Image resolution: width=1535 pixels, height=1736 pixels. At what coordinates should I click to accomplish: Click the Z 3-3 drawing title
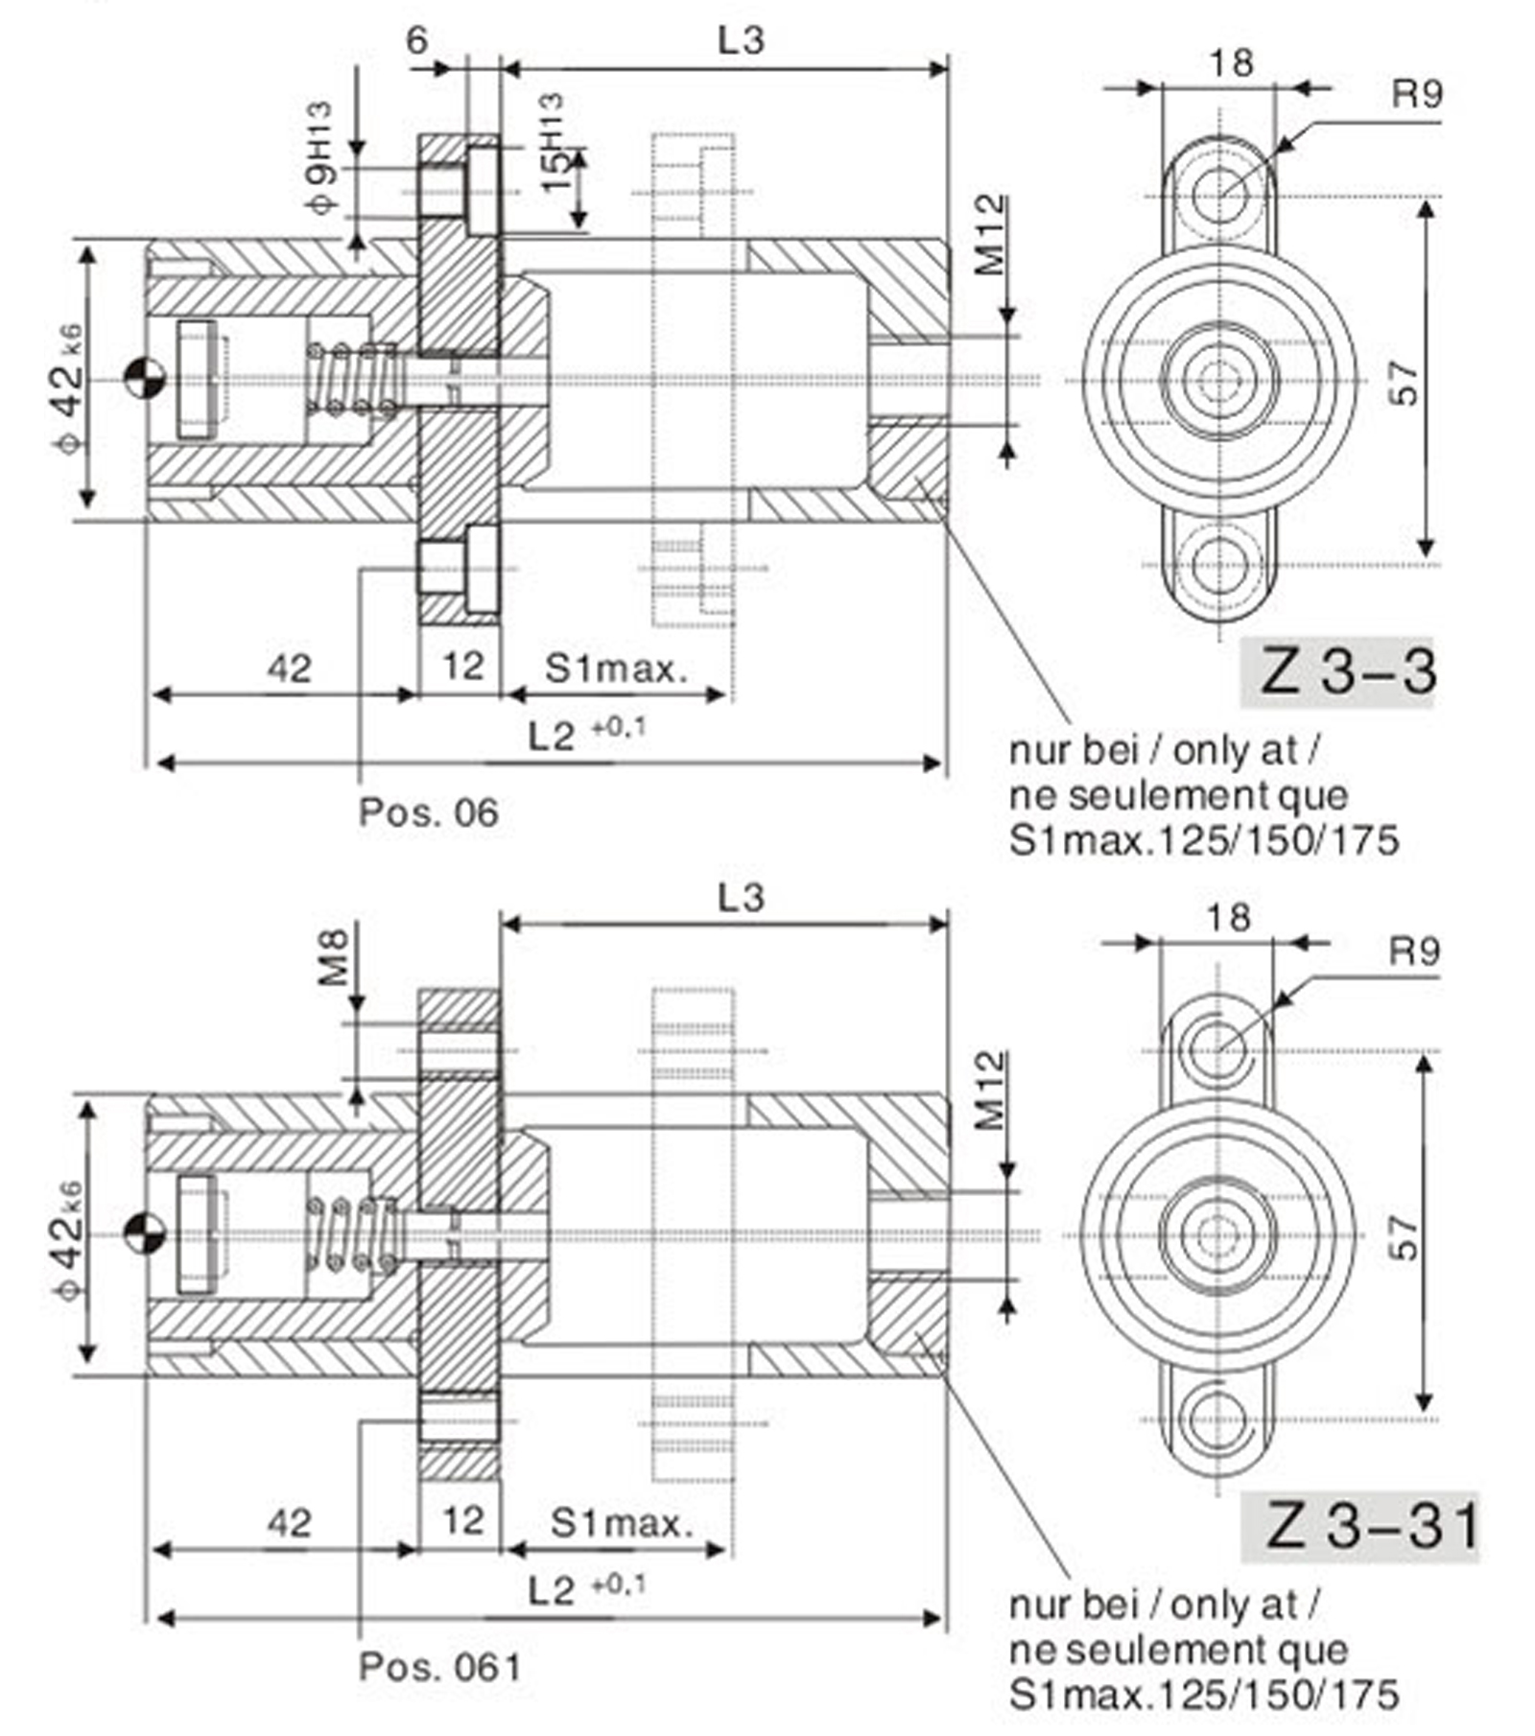pyautogui.click(x=1348, y=672)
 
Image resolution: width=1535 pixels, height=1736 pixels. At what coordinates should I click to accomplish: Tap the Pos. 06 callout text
pyautogui.click(x=429, y=813)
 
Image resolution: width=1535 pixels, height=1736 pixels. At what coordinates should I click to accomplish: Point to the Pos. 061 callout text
pyautogui.click(x=439, y=1667)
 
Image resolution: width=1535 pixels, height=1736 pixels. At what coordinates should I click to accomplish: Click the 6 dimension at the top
pyautogui.click(x=417, y=41)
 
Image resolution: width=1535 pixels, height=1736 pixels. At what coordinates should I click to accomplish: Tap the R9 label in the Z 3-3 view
pyautogui.click(x=1417, y=95)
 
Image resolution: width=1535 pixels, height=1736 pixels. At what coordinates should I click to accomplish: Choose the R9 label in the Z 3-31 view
pyautogui.click(x=1415, y=951)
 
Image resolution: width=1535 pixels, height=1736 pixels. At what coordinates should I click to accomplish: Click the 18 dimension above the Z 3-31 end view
pyautogui.click(x=1229, y=918)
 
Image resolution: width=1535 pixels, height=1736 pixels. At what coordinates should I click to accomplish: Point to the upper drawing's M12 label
pyautogui.click(x=991, y=235)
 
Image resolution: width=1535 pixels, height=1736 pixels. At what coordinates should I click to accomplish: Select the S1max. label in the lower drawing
pyautogui.click(x=621, y=1523)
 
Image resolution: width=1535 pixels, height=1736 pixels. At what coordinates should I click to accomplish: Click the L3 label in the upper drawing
pyautogui.click(x=742, y=40)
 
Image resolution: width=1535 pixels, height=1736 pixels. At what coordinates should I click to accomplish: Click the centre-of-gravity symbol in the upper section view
pyautogui.click(x=145, y=379)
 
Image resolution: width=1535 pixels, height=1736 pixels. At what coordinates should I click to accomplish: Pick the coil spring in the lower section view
pyautogui.click(x=351, y=1234)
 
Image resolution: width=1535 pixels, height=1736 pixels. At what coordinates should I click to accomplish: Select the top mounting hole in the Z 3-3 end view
pyautogui.click(x=1219, y=197)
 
